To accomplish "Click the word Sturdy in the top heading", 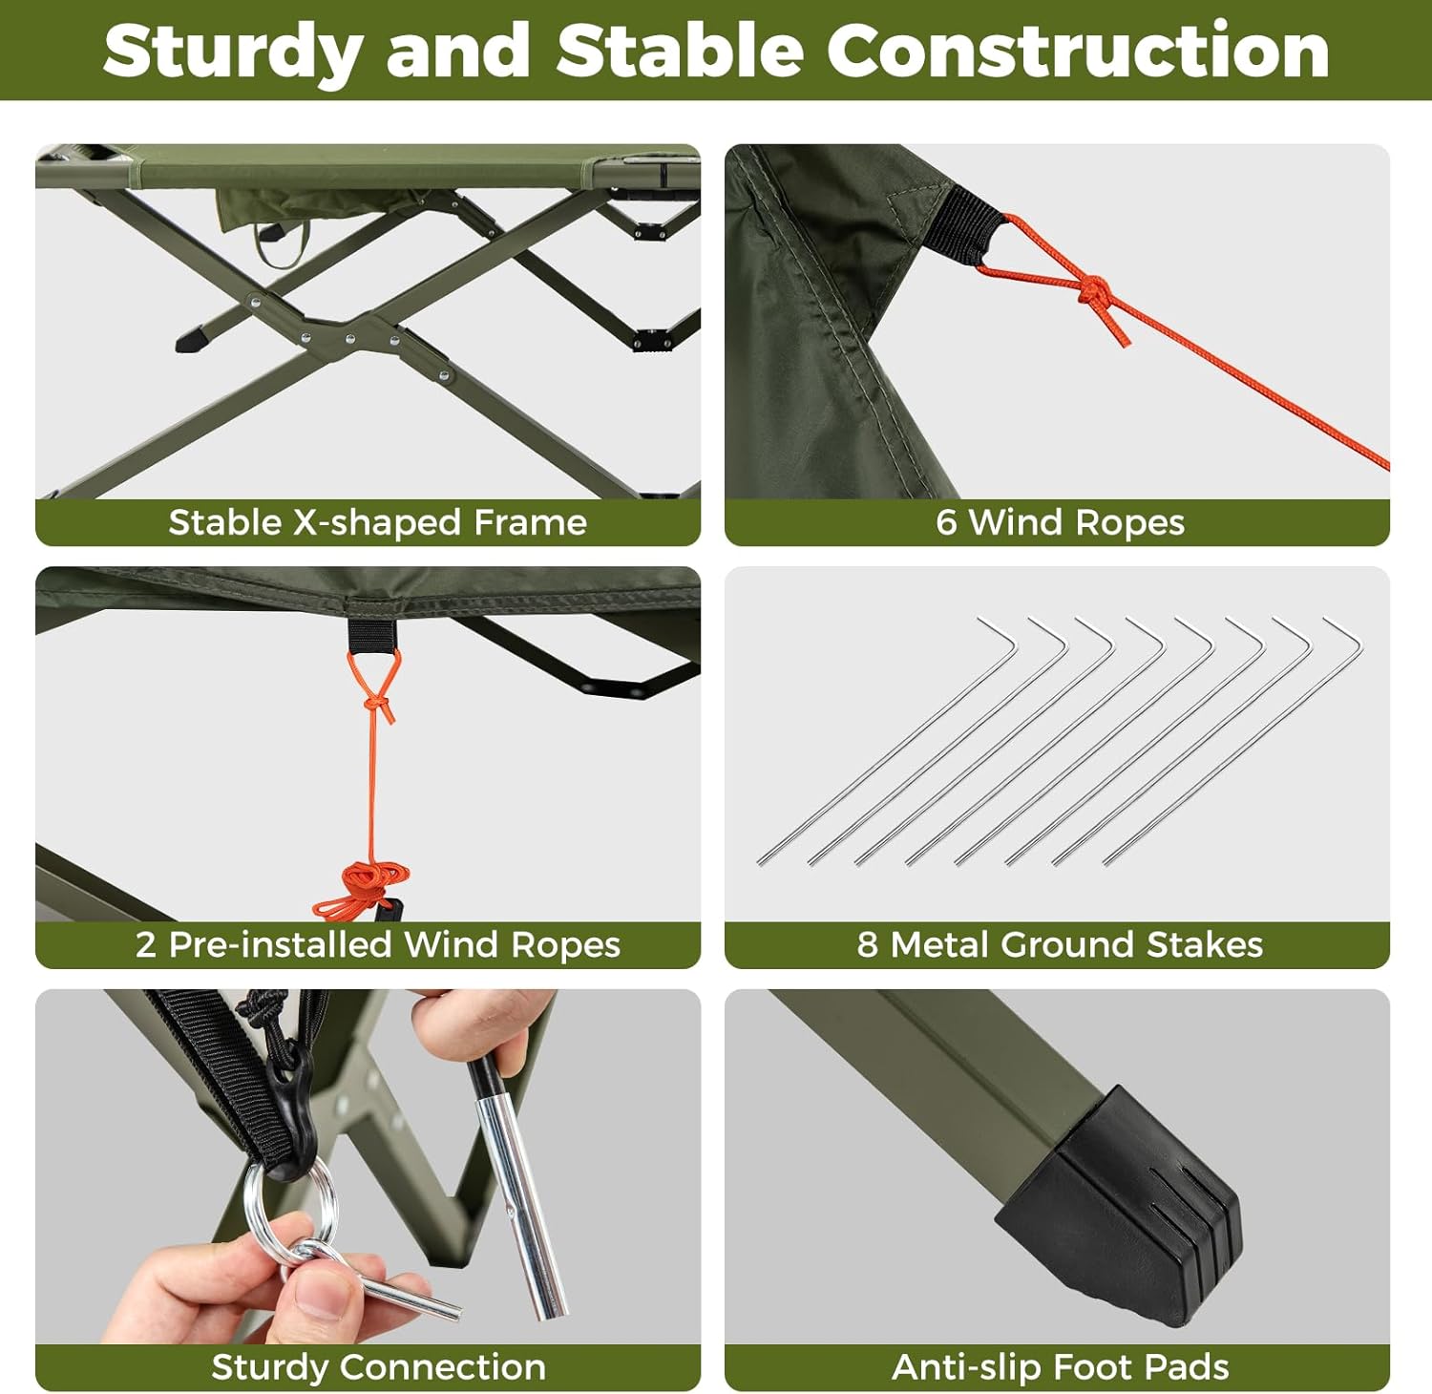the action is (231, 53).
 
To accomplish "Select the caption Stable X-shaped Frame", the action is (377, 522).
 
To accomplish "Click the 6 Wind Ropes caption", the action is (1060, 522).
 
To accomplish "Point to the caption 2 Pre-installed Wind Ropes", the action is (378, 944).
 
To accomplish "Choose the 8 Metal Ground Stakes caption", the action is (1060, 944).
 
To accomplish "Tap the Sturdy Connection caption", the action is (378, 1366).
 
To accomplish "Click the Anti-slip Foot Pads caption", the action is (1060, 1366).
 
